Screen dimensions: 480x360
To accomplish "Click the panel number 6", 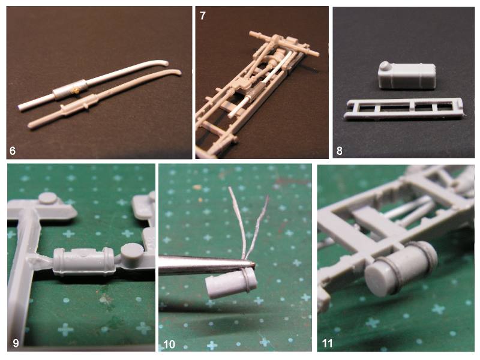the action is click(13, 151).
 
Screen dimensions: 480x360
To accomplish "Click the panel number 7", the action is click(202, 16).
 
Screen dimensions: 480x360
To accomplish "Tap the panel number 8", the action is click(339, 151).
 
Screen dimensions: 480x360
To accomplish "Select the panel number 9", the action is click(16, 343).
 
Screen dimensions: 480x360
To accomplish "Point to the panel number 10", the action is click(169, 344).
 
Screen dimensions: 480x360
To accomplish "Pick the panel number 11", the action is click(327, 343).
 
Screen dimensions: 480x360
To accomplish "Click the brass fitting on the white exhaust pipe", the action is click(76, 90).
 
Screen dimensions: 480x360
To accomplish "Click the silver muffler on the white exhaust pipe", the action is click(70, 89).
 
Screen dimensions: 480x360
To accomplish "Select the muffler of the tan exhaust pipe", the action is click(80, 103).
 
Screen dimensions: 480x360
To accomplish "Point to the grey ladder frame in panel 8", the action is click(403, 109).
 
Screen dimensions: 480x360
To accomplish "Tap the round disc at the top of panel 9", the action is click(48, 198).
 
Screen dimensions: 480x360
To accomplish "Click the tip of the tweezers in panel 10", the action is click(254, 264).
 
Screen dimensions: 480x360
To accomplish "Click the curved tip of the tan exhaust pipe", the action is click(177, 72).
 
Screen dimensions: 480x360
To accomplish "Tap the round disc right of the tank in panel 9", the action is click(132, 250).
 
